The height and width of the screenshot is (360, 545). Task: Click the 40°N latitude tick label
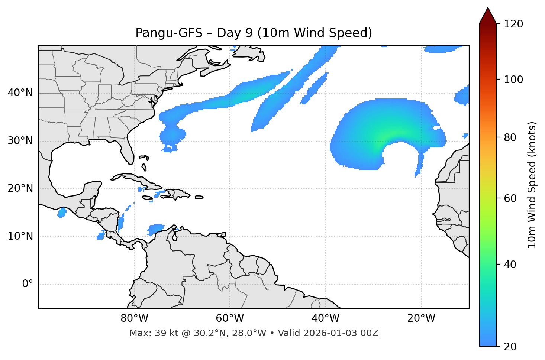20,93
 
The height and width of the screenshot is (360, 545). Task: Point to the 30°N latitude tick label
20,141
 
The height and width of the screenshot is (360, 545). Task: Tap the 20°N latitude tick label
20,188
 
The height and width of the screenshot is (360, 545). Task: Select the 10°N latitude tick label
20,236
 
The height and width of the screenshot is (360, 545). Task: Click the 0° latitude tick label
28,284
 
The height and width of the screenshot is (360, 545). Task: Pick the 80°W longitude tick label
134,318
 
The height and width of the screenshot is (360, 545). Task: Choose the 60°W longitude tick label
230,318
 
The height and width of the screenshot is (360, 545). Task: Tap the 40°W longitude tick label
325,318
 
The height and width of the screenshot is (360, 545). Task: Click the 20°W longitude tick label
421,318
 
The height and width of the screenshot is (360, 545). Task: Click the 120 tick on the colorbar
513,24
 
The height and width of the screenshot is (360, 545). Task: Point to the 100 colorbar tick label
513,80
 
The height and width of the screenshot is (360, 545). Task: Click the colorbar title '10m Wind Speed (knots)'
532,185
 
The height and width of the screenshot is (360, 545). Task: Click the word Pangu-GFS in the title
169,33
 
